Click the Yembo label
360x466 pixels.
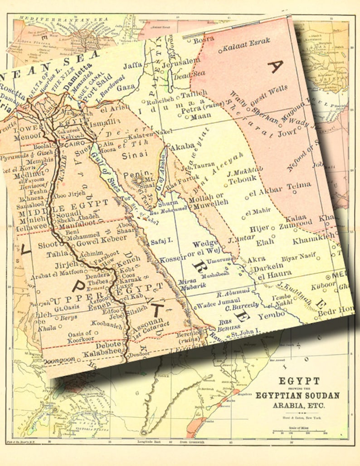click(271, 315)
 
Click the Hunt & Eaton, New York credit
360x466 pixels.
click(297, 417)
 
